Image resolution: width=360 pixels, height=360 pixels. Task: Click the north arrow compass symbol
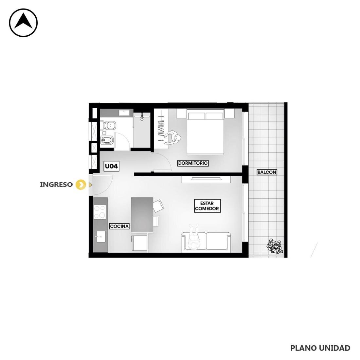[x=23, y=23]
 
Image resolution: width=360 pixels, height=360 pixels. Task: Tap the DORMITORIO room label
[x=193, y=163]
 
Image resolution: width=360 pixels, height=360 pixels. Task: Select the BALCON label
[x=267, y=172]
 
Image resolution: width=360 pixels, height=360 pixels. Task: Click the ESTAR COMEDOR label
[x=207, y=206]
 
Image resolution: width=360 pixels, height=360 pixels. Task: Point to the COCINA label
[x=119, y=226]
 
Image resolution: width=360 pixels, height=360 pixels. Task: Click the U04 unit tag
[x=111, y=166]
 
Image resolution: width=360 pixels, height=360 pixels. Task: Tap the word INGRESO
[x=56, y=185]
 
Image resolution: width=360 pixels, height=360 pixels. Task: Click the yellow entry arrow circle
[x=81, y=185]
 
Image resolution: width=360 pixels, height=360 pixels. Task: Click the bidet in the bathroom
[x=107, y=140]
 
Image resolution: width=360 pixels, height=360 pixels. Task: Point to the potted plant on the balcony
[x=274, y=246]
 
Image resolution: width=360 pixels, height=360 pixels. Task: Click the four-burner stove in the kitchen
[x=99, y=212]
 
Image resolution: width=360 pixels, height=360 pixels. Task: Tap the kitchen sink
[x=101, y=237]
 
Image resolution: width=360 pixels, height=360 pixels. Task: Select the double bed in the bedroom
[x=205, y=132]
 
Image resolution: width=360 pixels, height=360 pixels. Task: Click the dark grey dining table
[x=142, y=215]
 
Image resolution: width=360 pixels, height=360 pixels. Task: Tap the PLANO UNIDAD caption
[x=320, y=348]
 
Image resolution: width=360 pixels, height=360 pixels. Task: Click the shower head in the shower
[x=142, y=117]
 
